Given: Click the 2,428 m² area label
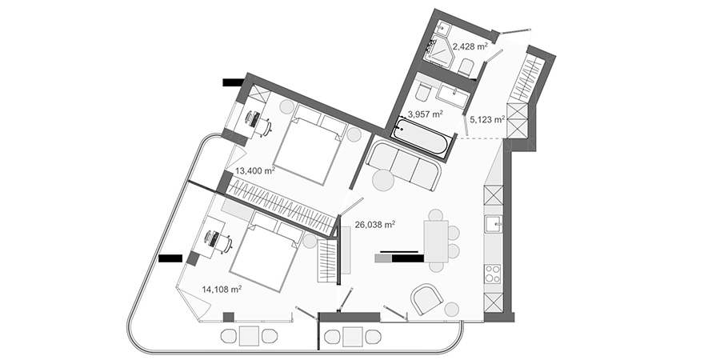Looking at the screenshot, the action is point(470,46).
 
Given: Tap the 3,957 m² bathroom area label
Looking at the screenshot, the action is point(425,114).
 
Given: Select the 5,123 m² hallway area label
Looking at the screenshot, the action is point(487,119).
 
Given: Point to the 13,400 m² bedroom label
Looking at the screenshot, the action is point(255,171).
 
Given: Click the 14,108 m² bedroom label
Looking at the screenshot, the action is point(222,290).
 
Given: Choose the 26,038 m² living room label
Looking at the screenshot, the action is point(375,225).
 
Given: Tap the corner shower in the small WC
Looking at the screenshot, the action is point(439,49).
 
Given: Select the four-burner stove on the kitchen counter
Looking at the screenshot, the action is point(493,274).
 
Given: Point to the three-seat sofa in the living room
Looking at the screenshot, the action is point(403,164).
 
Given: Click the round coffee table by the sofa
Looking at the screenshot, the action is point(383,182).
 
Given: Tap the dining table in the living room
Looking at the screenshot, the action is point(437,242).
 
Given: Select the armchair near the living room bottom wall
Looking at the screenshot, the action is point(427,299).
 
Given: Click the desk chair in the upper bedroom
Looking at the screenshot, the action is point(264,127).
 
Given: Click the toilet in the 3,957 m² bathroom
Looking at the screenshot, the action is point(423,93).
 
